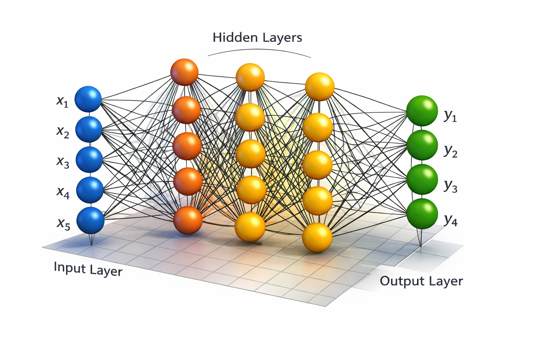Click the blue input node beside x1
(x=88, y=99)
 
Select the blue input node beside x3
(x=89, y=160)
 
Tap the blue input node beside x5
(x=90, y=220)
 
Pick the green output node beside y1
(x=422, y=111)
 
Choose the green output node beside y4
(x=422, y=213)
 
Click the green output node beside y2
(x=422, y=145)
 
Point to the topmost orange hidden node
(x=184, y=72)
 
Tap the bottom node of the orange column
(x=188, y=220)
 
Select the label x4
(x=63, y=192)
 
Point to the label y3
(x=450, y=186)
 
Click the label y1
(x=450, y=115)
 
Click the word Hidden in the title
(x=232, y=37)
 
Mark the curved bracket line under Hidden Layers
(x=259, y=50)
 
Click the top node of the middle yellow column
(x=250, y=77)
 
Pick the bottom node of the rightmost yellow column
(x=317, y=237)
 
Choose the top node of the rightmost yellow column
(x=319, y=86)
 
